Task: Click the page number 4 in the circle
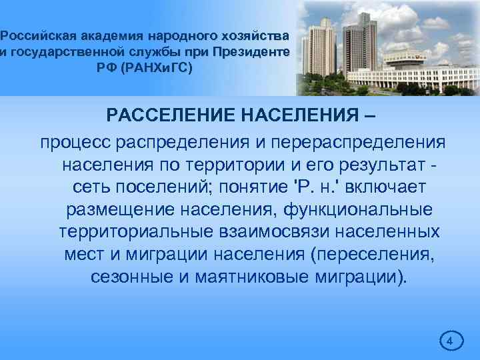click(x=449, y=341)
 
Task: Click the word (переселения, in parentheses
click(x=370, y=255)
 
